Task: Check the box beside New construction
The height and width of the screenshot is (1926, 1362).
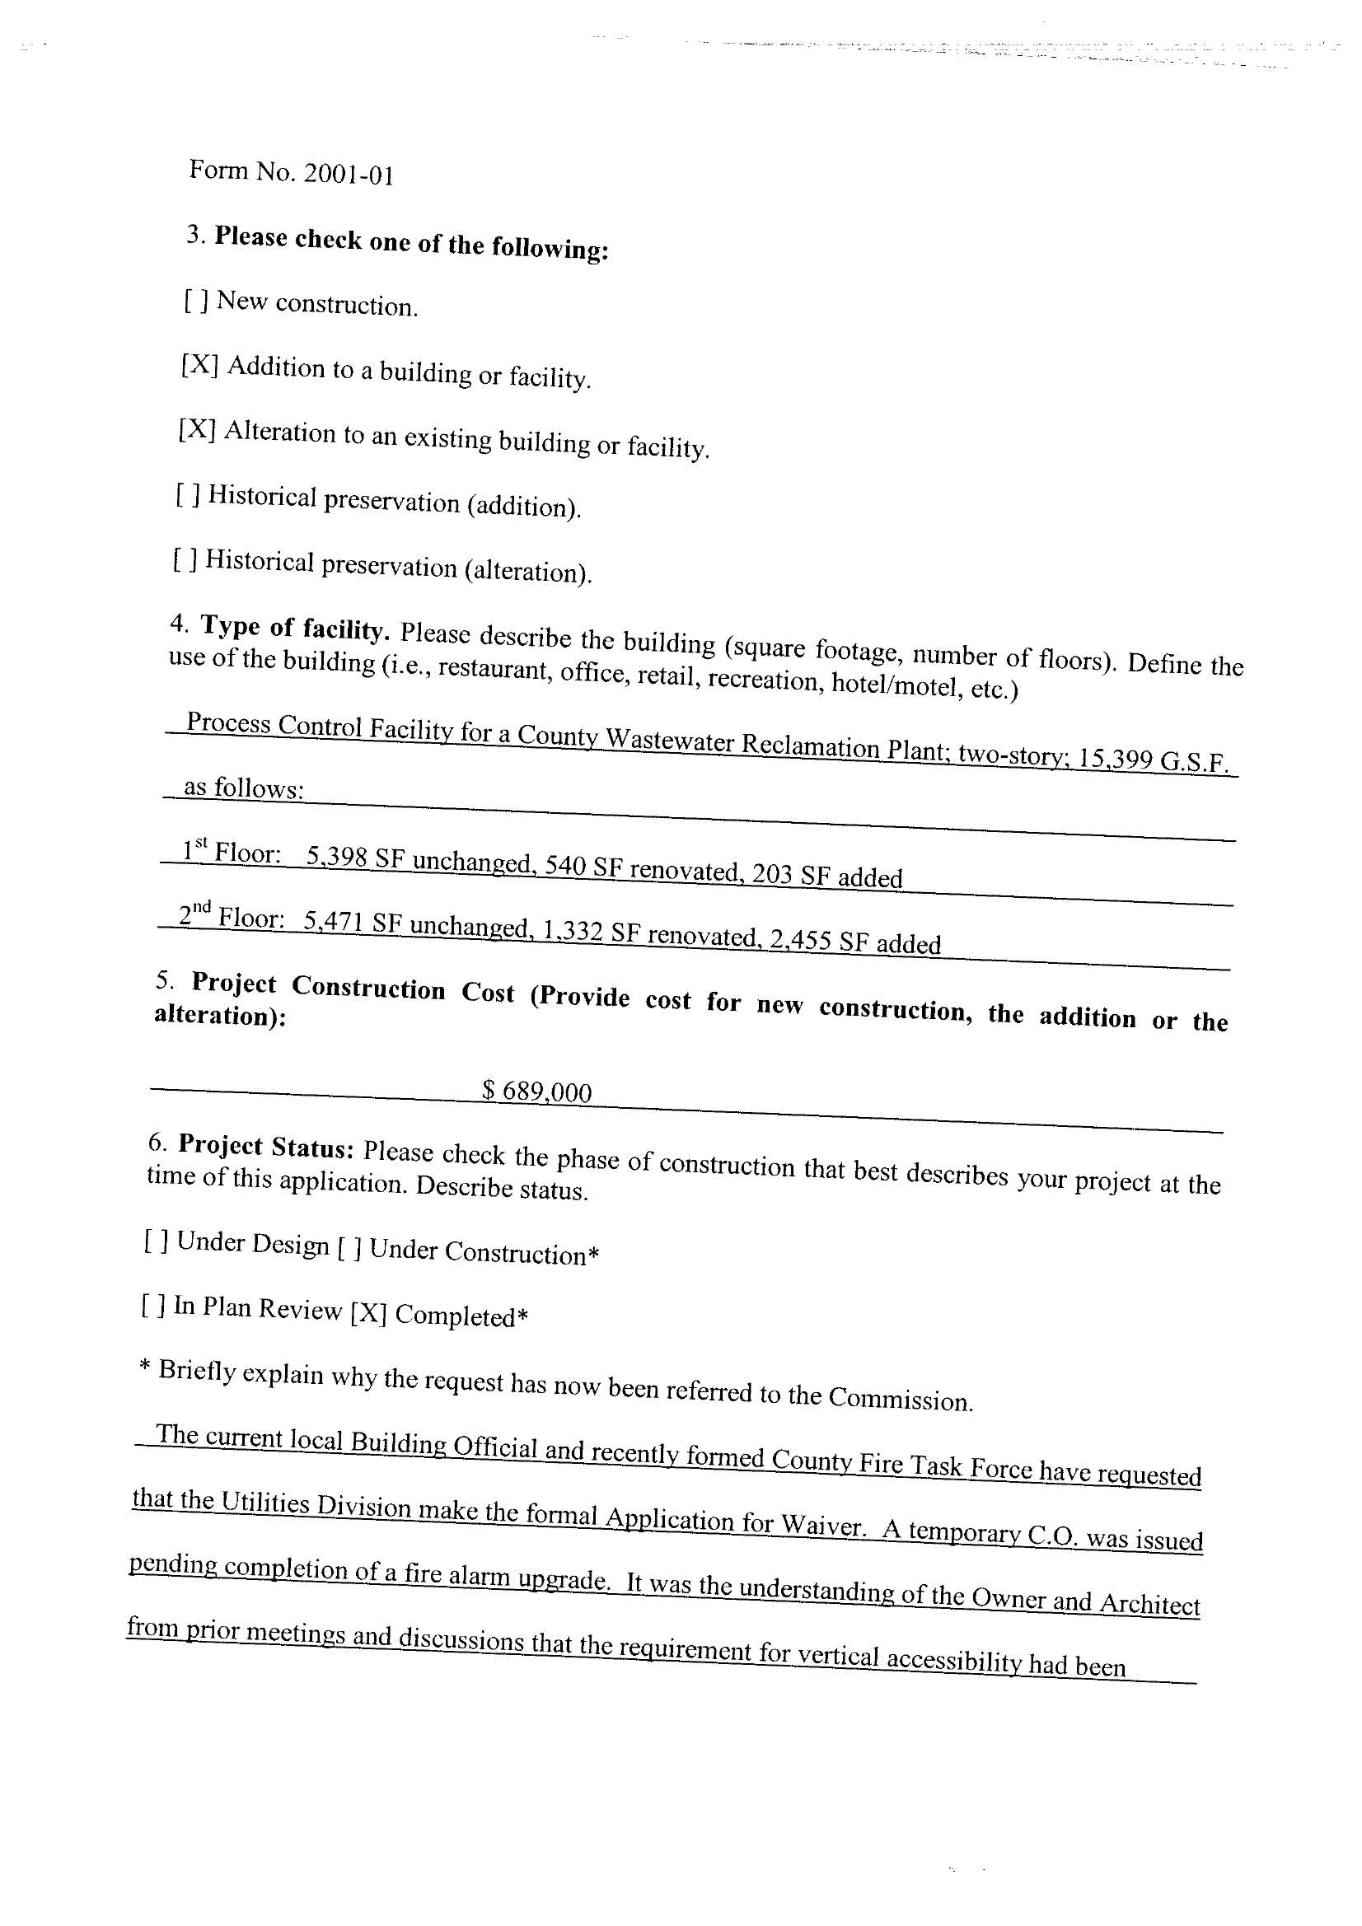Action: pyautogui.click(x=195, y=301)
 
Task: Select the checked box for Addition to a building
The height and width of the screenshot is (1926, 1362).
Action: pyautogui.click(x=199, y=365)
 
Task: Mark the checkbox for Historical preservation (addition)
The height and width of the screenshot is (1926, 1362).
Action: pyautogui.click(x=188, y=495)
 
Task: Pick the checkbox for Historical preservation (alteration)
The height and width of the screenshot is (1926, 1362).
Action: pyautogui.click(x=185, y=559)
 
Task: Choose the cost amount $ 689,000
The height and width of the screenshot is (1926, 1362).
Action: pyautogui.click(x=537, y=1091)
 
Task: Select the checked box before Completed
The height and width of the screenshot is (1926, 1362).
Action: pyautogui.click(x=368, y=1312)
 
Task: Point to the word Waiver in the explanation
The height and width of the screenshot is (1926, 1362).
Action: pyautogui.click(x=822, y=1523)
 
